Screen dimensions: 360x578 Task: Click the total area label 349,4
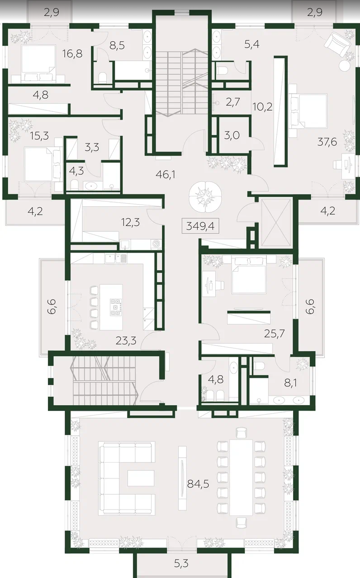click(200, 226)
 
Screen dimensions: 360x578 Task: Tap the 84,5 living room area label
click(198, 484)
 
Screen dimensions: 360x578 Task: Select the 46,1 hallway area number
click(166, 175)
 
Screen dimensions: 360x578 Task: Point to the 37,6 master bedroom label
click(327, 142)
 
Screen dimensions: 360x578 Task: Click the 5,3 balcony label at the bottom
click(181, 564)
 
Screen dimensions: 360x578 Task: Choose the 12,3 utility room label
click(131, 222)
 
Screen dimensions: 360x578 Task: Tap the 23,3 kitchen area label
click(126, 341)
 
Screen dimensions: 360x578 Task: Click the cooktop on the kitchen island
click(115, 307)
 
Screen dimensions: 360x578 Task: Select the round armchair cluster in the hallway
click(205, 196)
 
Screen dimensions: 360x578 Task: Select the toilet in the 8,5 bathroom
click(102, 77)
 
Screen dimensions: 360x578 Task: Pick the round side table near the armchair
click(345, 65)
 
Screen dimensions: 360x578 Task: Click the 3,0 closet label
click(232, 135)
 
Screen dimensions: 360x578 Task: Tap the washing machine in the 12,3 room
click(156, 244)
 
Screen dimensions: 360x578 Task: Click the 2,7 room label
click(233, 102)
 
